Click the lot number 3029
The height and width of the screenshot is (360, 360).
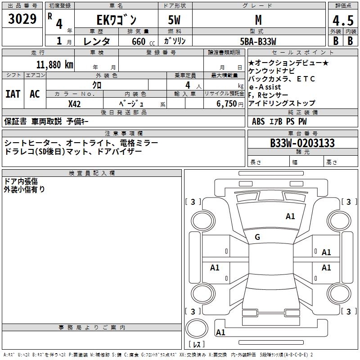(x=22, y=19)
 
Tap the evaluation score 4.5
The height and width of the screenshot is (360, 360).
(x=342, y=21)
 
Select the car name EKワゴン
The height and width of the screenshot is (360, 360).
(x=117, y=20)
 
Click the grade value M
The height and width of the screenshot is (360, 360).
(x=258, y=20)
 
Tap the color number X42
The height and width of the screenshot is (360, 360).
(x=74, y=103)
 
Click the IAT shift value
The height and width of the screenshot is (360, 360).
(x=13, y=94)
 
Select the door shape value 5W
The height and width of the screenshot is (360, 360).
(x=175, y=20)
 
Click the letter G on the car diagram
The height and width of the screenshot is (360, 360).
(x=257, y=237)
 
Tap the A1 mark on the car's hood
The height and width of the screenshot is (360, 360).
(x=290, y=216)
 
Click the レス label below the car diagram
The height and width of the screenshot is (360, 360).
(x=199, y=344)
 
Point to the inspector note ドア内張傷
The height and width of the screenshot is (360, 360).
(x=21, y=181)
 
